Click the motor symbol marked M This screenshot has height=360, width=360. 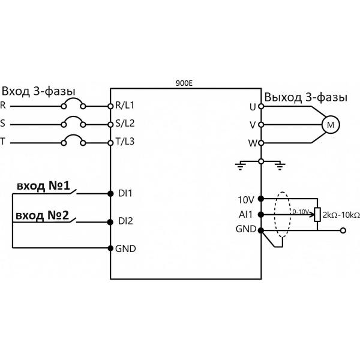click(x=331, y=125)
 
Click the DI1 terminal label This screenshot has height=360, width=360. click(x=125, y=193)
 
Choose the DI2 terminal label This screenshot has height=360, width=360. click(x=125, y=221)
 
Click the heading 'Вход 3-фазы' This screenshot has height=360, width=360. click(x=38, y=91)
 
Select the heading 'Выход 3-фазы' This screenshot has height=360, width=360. click(x=305, y=96)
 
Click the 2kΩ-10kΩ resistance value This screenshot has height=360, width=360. click(x=341, y=214)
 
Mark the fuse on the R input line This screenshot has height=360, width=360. click(x=74, y=104)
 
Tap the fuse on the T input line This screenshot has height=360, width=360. click(x=74, y=142)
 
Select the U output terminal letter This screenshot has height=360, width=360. click(x=252, y=106)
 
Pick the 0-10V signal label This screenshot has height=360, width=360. click(x=301, y=211)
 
